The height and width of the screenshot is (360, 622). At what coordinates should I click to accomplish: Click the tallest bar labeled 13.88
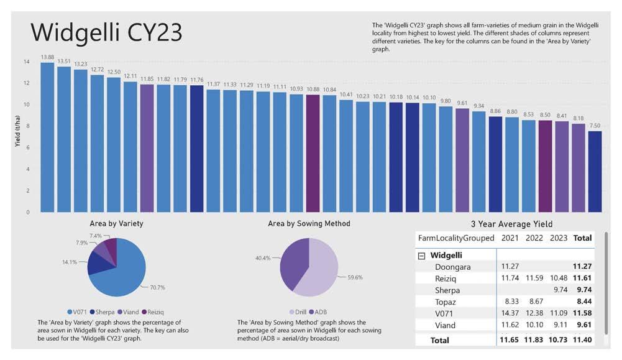pyautogui.click(x=47, y=137)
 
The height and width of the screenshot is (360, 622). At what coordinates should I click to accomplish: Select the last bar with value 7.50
pyautogui.click(x=595, y=171)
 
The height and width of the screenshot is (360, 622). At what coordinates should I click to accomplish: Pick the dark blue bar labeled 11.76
pyautogui.click(x=196, y=149)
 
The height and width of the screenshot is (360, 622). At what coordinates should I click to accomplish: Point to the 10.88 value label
pyautogui.click(x=313, y=90)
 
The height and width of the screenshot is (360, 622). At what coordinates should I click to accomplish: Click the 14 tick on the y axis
pyautogui.click(x=27, y=62)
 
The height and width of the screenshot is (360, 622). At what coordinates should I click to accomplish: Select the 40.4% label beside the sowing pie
pyautogui.click(x=260, y=257)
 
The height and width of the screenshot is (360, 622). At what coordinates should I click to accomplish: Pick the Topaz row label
pyautogui.click(x=445, y=302)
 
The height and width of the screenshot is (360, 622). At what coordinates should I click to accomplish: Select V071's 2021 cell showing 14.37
pyautogui.click(x=510, y=313)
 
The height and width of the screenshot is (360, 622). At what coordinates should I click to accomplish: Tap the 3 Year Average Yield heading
pyautogui.click(x=511, y=224)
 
